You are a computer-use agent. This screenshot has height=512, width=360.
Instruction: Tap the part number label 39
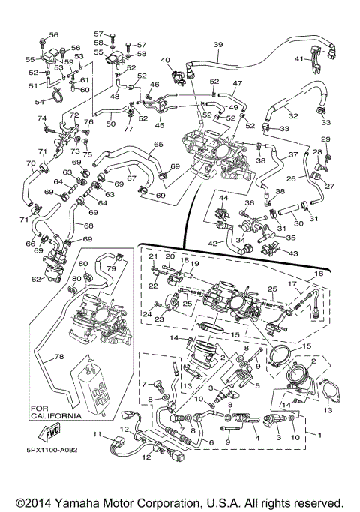tap(218, 45)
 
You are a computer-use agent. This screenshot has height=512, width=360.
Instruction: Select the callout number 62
tap(37, 279)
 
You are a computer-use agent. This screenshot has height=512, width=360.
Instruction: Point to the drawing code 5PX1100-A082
tap(52, 450)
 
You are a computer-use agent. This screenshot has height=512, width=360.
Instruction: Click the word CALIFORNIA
tap(56, 416)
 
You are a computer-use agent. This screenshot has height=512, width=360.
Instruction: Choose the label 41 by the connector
tap(299, 59)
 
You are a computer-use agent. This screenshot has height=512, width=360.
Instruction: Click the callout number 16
tap(319, 274)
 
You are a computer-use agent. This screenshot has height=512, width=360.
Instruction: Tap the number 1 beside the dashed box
tap(319, 435)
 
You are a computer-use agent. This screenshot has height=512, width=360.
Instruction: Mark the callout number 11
tap(97, 434)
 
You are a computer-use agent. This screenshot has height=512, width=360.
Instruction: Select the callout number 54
tap(40, 102)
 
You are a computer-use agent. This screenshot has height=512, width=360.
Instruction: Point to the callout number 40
tap(165, 60)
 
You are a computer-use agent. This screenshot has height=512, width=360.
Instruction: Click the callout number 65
tap(158, 144)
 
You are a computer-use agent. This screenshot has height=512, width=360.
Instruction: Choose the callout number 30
tap(299, 223)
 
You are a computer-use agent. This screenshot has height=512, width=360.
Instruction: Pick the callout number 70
tap(31, 163)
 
